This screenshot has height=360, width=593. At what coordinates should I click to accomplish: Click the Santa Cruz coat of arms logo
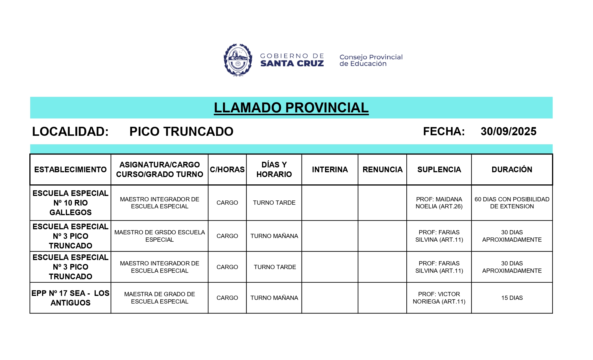pyautogui.click(x=238, y=60)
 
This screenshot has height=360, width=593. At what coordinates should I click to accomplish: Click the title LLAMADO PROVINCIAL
pyautogui.click(x=291, y=108)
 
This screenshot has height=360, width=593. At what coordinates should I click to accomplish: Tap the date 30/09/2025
pyautogui.click(x=508, y=132)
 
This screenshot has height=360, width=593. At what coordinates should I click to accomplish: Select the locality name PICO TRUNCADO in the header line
pyautogui.click(x=181, y=132)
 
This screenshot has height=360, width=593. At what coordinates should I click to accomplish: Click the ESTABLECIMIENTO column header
pyautogui.click(x=70, y=169)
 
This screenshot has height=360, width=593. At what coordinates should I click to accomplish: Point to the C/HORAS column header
pyautogui.click(x=227, y=169)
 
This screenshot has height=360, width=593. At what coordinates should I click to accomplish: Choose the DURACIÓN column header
pyautogui.click(x=512, y=169)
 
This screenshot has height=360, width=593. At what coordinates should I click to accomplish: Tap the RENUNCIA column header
pyautogui.click(x=382, y=169)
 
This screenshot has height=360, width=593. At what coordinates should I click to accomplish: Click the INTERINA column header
pyautogui.click(x=330, y=169)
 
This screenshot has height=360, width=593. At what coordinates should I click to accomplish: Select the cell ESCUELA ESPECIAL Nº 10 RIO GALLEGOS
pyautogui.click(x=70, y=203)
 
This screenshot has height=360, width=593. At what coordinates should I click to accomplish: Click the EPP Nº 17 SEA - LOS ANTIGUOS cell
pyautogui.click(x=70, y=298)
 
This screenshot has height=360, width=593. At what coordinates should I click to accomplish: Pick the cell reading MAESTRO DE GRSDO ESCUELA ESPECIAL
pyautogui.click(x=160, y=236)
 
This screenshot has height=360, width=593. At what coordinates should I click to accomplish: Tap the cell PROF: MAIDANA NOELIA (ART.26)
pyautogui.click(x=439, y=203)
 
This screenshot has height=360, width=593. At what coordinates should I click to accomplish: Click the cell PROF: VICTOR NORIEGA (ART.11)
pyautogui.click(x=439, y=298)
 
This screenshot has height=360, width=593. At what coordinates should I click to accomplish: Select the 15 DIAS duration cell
pyautogui.click(x=512, y=298)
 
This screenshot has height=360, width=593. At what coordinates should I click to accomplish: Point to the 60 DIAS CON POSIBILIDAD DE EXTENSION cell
pyautogui.click(x=512, y=203)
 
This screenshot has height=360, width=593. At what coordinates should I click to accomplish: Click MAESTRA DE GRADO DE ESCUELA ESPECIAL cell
pyautogui.click(x=160, y=298)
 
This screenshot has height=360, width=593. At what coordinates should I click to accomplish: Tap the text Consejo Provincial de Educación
pyautogui.click(x=371, y=60)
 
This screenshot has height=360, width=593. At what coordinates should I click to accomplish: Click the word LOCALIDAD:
pyautogui.click(x=70, y=132)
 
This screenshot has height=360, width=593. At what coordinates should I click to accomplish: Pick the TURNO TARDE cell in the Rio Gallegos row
pyautogui.click(x=274, y=203)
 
